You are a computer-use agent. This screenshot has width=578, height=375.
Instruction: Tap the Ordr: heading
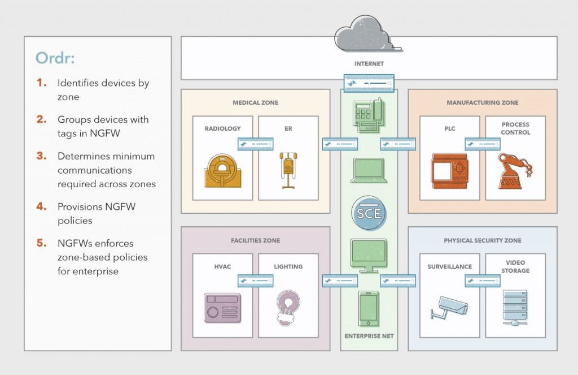pyautogui.click(x=55, y=58)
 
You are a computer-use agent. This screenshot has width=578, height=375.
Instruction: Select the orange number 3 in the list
pyautogui.click(x=41, y=156)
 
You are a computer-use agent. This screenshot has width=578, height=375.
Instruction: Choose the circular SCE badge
pyautogui.click(x=369, y=214)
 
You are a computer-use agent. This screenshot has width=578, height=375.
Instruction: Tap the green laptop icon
pyautogui.click(x=368, y=170)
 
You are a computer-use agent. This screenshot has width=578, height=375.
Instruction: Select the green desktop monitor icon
pyautogui.click(x=369, y=254)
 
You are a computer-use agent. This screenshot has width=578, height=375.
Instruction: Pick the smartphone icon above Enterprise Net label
pyautogui.click(x=369, y=309)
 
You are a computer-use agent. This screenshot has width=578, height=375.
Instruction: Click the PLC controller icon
pyautogui.click(x=449, y=170)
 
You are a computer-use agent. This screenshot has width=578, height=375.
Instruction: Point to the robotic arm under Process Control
pyautogui.click(x=515, y=170)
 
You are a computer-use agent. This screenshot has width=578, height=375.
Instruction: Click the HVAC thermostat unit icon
pyautogui.click(x=222, y=308)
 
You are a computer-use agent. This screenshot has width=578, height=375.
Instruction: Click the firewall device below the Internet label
pyautogui.click(x=369, y=84)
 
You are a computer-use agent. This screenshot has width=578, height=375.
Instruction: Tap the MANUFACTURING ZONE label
pyautogui.click(x=482, y=103)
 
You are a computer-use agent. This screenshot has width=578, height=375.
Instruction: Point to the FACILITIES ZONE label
pyautogui.click(x=256, y=240)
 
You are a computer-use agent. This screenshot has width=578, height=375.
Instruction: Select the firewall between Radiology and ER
pyautogui.click(x=255, y=144)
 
